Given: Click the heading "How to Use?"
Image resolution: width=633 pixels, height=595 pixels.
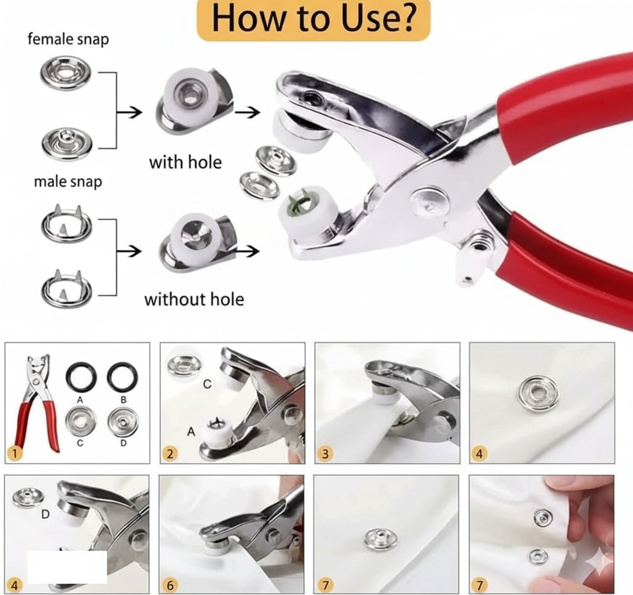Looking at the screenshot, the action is coord(314,18).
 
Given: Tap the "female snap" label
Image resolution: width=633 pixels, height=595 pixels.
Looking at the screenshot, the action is coord(68,39).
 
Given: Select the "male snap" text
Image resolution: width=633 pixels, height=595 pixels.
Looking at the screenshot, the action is coord(68,181).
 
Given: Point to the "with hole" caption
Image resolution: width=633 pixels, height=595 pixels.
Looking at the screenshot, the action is coord(185,163).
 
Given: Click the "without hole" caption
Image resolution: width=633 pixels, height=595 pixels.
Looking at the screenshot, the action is coord(194,299).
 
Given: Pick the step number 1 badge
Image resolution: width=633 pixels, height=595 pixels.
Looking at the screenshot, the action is coord(15,453).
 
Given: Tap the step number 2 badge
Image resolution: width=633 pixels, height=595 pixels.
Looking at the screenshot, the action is coord(170,453).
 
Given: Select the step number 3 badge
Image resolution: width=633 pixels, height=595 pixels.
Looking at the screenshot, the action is coord(325,453).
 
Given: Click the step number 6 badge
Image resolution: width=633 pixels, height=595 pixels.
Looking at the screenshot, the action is coord(170,585).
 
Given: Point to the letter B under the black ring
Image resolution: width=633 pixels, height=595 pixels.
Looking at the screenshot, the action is coord(123,399).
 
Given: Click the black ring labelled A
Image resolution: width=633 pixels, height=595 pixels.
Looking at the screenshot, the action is coord(81,378).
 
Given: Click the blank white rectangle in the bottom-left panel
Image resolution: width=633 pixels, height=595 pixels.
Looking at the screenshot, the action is coord(67,567).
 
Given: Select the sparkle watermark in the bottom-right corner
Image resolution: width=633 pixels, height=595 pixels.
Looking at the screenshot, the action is coord(600,561).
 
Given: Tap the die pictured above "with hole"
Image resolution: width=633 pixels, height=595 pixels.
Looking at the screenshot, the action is coord(194,101).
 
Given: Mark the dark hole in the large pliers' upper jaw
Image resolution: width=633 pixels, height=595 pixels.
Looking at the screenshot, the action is coord(312,97).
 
